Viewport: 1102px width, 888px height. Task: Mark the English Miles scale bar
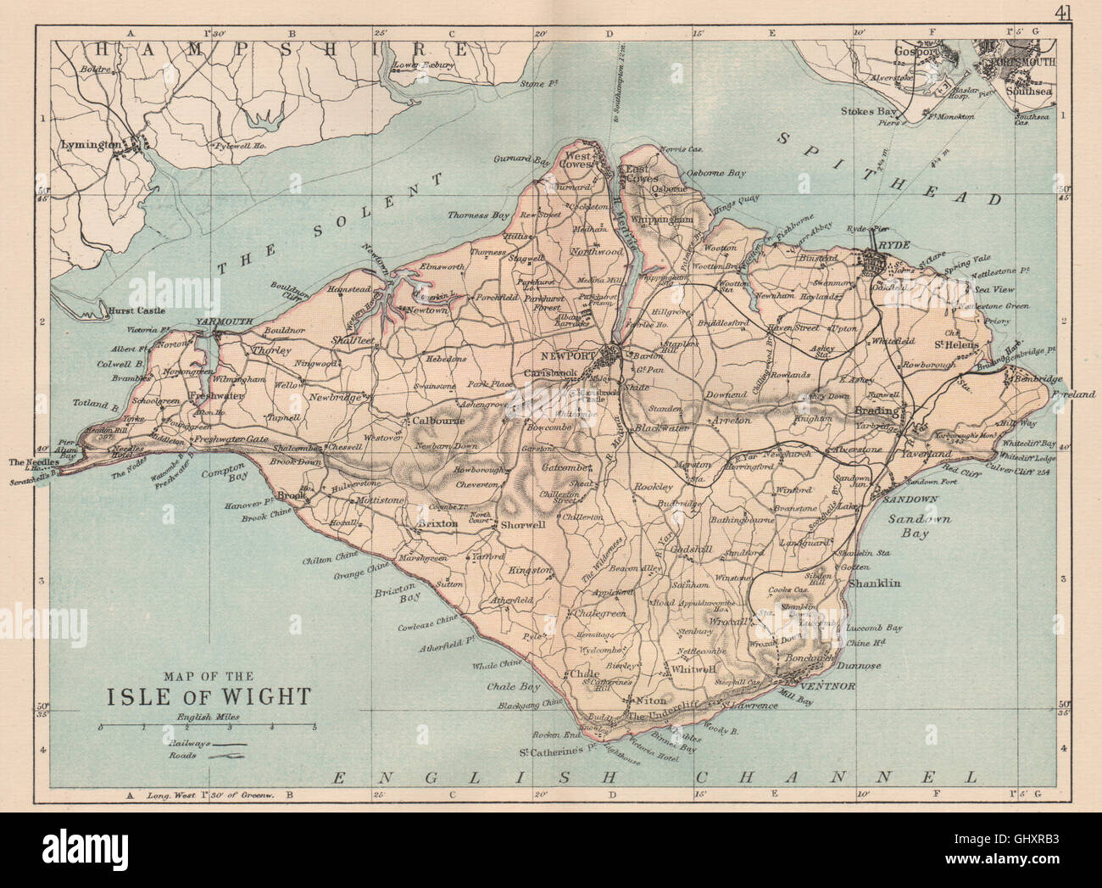click(x=208, y=727)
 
